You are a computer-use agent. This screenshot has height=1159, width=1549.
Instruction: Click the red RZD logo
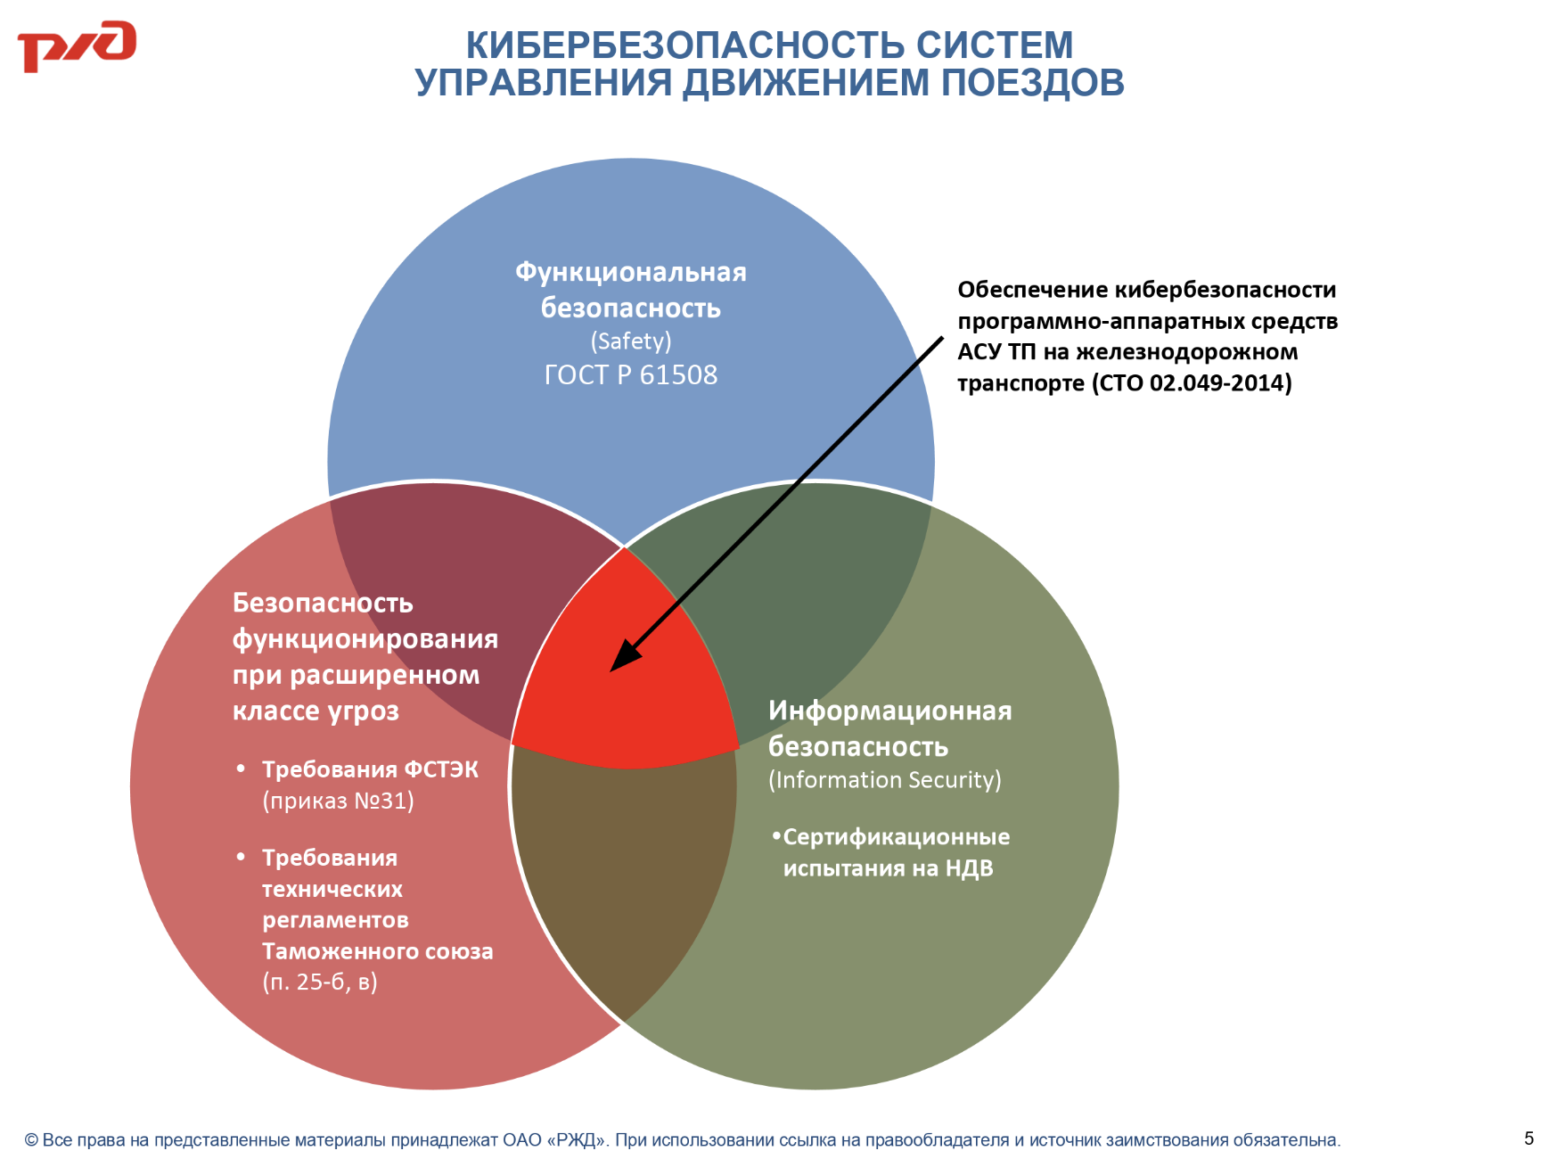click(77, 45)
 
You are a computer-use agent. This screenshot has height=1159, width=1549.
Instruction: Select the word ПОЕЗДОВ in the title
click(1033, 82)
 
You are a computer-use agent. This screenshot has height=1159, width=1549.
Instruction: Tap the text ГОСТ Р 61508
click(631, 374)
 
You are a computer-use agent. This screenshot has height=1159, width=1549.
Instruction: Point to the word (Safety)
click(631, 341)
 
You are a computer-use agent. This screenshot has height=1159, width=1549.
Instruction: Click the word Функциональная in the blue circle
click(631, 272)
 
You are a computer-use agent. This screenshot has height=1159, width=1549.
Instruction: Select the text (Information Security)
click(885, 780)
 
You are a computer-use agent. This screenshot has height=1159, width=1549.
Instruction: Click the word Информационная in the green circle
click(890, 711)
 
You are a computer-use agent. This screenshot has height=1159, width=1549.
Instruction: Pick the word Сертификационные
click(897, 837)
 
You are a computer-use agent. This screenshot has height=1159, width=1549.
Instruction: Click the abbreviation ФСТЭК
click(441, 769)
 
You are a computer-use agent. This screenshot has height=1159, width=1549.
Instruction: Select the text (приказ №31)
click(338, 801)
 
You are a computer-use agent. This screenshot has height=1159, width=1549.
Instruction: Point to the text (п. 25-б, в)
click(320, 982)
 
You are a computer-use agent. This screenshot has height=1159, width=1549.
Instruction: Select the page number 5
click(1529, 1138)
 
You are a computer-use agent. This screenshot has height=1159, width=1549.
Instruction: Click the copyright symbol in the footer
click(31, 1140)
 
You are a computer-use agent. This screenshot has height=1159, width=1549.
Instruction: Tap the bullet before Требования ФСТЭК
click(241, 768)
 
